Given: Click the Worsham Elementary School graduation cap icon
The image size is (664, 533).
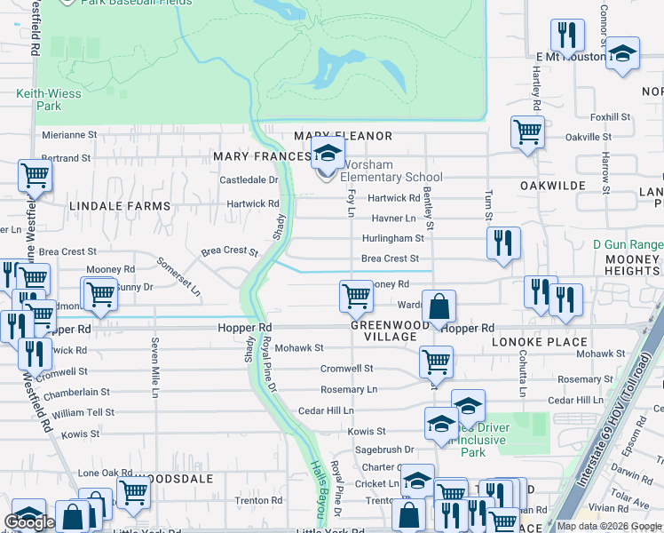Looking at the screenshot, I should point(328,155).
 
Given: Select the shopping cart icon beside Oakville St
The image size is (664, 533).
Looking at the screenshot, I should point(527,133).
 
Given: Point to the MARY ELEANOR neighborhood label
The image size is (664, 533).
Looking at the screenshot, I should point(343,136).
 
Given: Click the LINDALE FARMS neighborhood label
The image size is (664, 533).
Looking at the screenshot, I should point(119,206).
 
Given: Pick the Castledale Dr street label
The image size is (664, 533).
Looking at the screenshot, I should point(249,179).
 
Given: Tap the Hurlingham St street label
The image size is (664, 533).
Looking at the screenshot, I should point(392,238).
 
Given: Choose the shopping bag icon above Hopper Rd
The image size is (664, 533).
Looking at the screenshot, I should point(439,308).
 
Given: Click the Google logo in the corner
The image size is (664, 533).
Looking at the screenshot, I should point(30,522).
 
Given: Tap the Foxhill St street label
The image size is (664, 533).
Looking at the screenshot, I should point(610,116).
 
